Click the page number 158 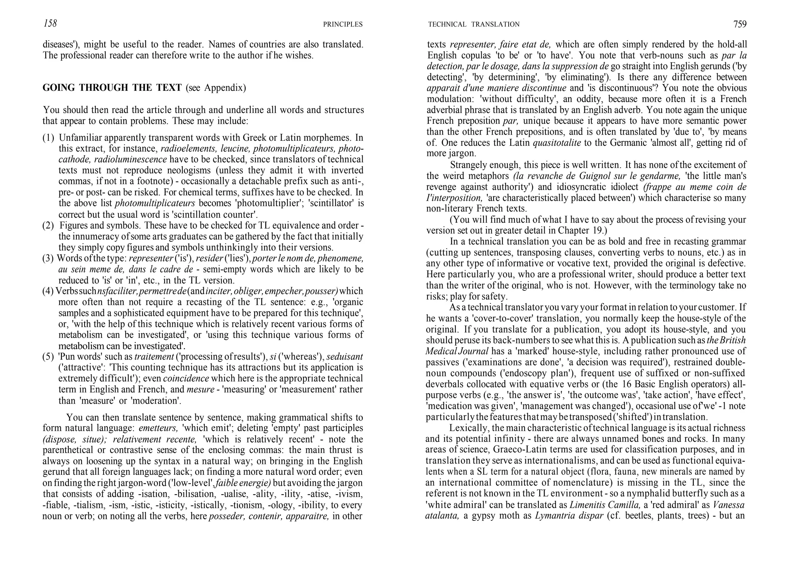(50, 24)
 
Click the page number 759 (740, 24)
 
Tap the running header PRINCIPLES (343, 24)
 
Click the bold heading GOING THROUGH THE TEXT (112, 88)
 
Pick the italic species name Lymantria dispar (569, 516)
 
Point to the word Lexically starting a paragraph (469, 428)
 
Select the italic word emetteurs (158, 428)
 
